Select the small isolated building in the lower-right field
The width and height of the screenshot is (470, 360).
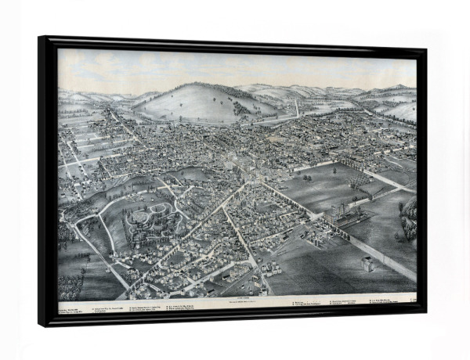tap(367, 264)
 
